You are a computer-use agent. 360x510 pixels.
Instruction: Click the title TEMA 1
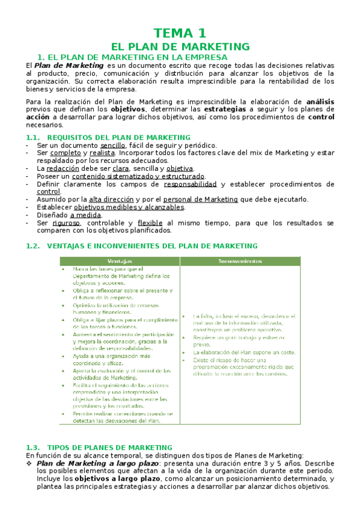(x=180, y=32)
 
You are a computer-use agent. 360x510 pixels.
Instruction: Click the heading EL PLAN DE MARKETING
(x=180, y=46)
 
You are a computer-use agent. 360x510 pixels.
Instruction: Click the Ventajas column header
(x=120, y=261)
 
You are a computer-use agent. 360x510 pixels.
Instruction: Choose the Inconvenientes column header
(x=240, y=261)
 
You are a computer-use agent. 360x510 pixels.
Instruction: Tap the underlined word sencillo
(x=113, y=146)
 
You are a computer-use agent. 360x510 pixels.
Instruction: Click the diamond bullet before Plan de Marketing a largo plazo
(x=30, y=464)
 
